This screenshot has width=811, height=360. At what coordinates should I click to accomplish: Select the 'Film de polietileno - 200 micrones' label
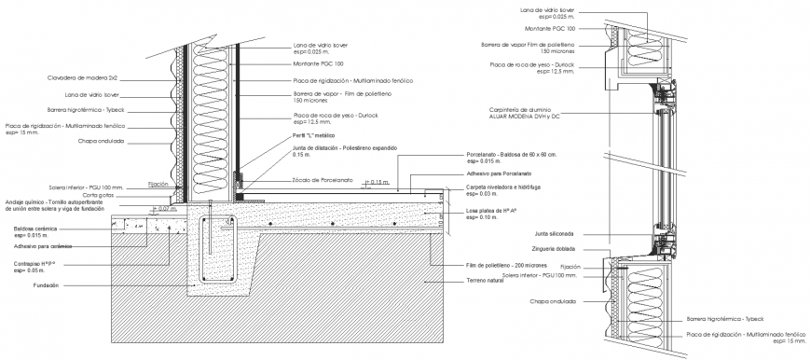click(x=503, y=265)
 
